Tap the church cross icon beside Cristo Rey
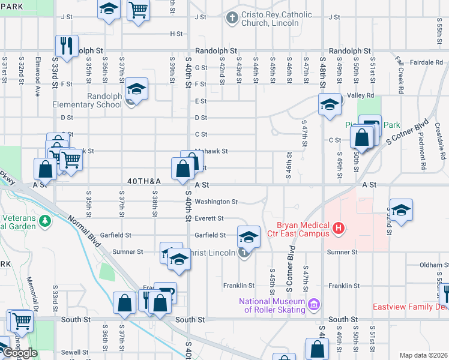point(232,18)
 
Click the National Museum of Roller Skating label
point(271,305)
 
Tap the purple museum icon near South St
point(312,306)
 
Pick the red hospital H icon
point(339,228)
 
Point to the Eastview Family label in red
point(409,307)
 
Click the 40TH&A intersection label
point(144,181)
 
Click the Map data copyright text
point(424,355)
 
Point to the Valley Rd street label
point(361,95)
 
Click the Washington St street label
point(216,202)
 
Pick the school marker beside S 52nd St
point(401,209)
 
